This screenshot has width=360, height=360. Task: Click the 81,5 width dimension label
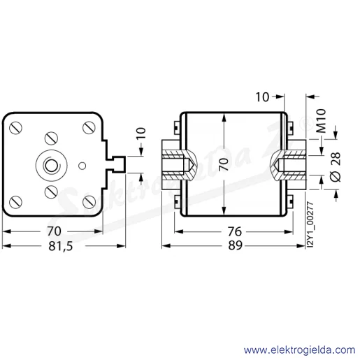click(61, 246)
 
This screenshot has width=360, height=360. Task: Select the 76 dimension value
click(235, 231)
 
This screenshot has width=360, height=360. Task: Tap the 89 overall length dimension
click(235, 245)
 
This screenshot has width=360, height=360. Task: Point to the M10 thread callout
click(322, 121)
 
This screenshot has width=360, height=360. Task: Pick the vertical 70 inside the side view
click(224, 164)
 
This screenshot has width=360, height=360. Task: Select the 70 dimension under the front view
click(54, 231)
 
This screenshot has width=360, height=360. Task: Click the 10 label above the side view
click(262, 97)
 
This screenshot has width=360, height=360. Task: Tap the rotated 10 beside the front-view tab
click(141, 134)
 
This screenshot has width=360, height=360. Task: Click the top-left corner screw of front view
click(16, 128)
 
